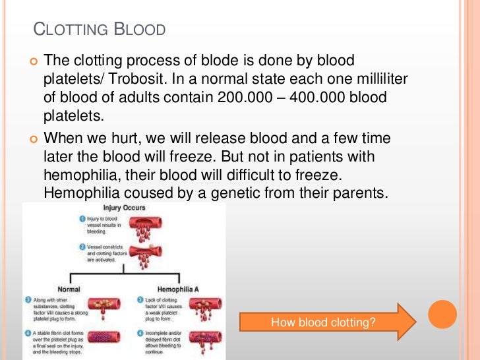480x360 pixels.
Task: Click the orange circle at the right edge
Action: [442, 315]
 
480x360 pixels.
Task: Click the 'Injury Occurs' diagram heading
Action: [124, 208]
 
